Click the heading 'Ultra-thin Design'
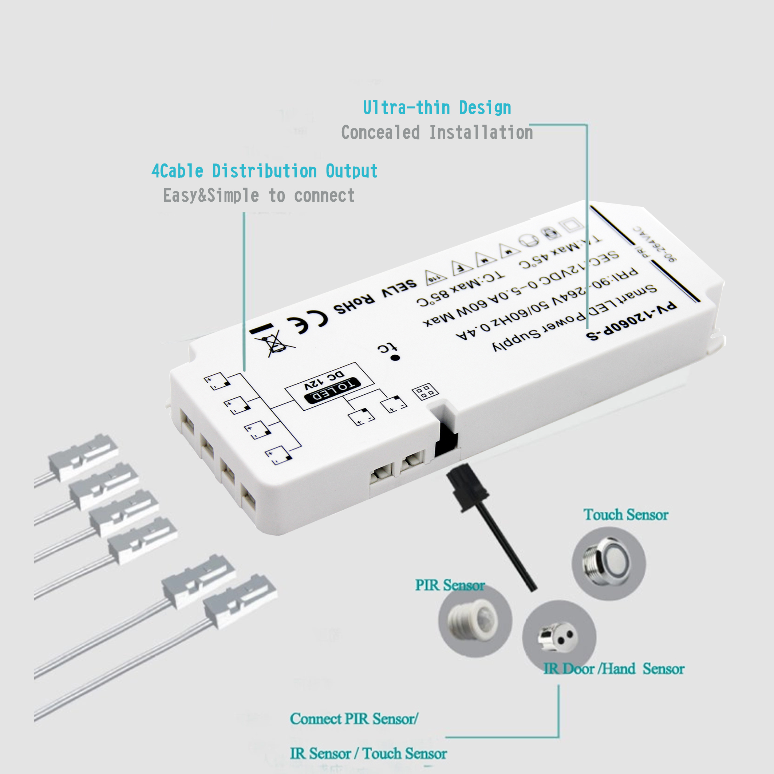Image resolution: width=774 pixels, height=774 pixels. click(437, 108)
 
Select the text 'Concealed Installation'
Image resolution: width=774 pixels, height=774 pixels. click(437, 133)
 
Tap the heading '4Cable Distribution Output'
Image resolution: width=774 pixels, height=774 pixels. click(264, 171)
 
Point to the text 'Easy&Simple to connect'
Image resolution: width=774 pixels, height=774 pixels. click(259, 196)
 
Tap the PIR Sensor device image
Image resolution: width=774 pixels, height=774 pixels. click(474, 621)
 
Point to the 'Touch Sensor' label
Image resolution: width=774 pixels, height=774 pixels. click(626, 515)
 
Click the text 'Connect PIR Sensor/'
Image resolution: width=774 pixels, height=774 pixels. click(354, 719)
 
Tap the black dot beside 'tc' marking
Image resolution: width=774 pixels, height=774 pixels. click(395, 358)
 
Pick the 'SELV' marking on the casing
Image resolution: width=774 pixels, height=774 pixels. click(399, 289)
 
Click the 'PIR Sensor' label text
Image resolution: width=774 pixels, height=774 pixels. click(450, 585)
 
